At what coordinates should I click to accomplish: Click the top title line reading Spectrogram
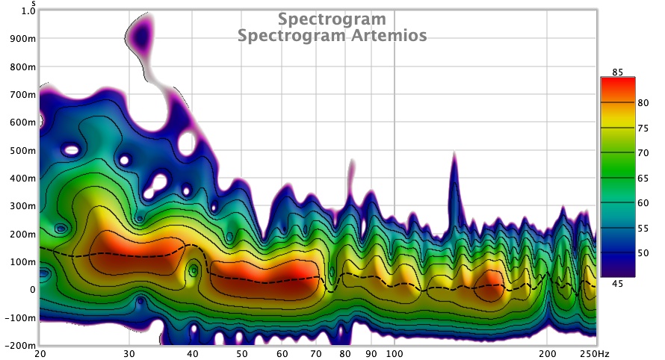(x=332, y=19)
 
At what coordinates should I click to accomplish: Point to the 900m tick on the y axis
(x=22, y=39)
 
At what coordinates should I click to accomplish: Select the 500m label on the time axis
(x=22, y=150)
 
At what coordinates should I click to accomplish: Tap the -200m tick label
(x=19, y=347)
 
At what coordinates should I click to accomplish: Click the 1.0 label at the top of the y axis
(x=28, y=11)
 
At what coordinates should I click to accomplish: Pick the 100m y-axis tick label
(x=22, y=261)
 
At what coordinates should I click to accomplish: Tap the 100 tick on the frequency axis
(x=395, y=353)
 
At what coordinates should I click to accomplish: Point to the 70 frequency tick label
(x=316, y=353)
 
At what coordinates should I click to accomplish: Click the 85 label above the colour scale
(x=616, y=72)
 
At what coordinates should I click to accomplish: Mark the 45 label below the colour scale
(x=616, y=282)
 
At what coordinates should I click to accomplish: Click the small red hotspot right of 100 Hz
(x=490, y=284)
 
